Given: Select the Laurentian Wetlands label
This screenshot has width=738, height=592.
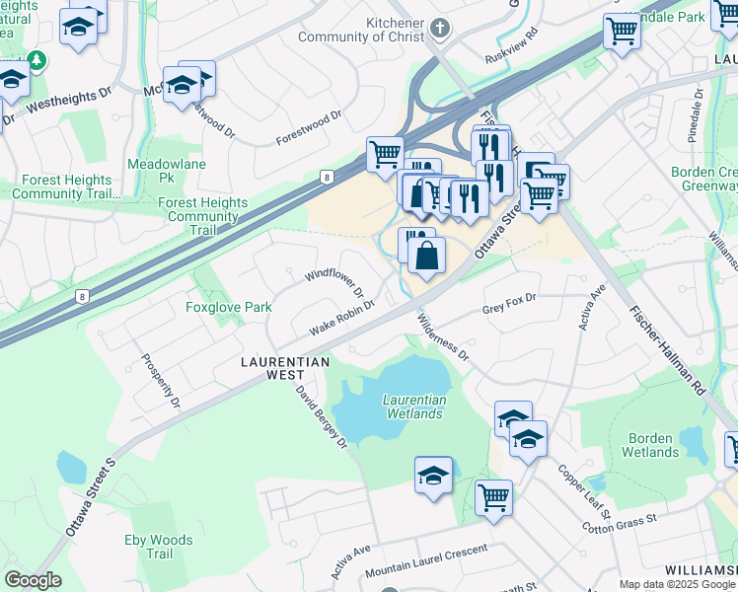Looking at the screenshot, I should pyautogui.click(x=414, y=407).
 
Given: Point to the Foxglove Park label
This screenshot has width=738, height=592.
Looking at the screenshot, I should pyautogui.click(x=229, y=307).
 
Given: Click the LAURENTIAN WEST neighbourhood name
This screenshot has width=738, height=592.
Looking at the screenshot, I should pyautogui.click(x=285, y=362).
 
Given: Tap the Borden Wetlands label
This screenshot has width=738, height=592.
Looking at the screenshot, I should pyautogui.click(x=649, y=445).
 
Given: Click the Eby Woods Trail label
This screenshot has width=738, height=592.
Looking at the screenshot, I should pyautogui.click(x=159, y=547).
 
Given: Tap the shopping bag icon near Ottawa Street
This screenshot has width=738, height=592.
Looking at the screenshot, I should pyautogui.click(x=426, y=258).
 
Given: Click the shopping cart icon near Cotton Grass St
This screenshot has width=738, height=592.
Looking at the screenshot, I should pyautogui.click(x=493, y=497).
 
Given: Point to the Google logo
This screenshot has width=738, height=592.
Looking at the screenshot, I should pyautogui.click(x=33, y=580).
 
